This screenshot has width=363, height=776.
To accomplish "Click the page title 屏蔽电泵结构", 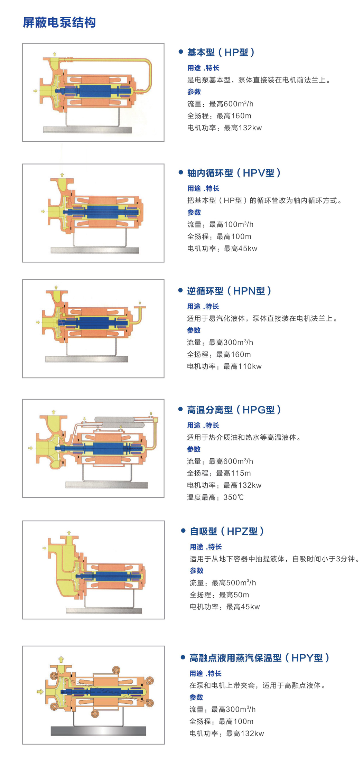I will point(59,22).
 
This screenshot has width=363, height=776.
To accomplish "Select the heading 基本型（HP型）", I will point(221,52).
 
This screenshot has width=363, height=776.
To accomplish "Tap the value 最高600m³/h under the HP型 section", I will point(231,104).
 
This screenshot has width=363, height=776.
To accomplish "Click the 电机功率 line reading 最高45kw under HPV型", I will point(222,249).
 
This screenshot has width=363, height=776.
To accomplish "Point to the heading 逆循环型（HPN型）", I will point(229,291).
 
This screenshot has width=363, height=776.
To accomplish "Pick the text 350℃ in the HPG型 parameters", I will point(233,497).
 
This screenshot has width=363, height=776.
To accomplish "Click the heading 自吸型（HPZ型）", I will point(226,531).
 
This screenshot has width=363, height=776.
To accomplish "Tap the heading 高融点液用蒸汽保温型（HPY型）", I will point(259,657).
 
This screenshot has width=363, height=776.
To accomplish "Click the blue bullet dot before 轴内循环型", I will point(180,172).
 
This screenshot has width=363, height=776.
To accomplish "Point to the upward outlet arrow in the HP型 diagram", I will point(55,54).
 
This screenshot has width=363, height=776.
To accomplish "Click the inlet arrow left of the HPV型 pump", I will point(43,211).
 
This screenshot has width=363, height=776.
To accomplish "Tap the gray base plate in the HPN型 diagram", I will point(86,359).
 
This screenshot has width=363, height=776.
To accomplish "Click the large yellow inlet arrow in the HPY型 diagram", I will point(40,691).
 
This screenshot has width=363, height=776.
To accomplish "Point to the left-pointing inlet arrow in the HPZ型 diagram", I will point(44,548).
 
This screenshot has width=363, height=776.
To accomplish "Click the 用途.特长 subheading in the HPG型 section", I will point(203,425).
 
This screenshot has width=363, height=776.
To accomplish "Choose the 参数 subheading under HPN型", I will point(194,330).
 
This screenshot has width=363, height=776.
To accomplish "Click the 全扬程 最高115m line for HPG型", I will point(219,473).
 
